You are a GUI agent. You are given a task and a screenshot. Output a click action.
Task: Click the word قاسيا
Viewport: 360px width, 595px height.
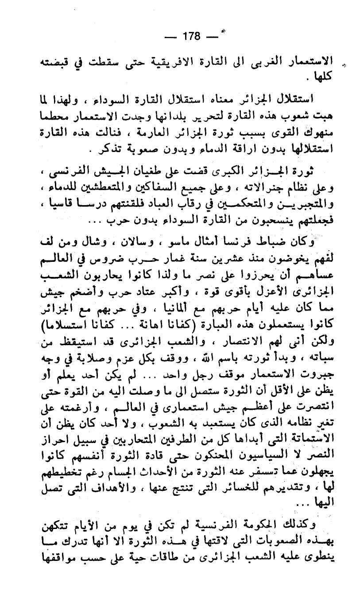(x=53, y=204)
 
